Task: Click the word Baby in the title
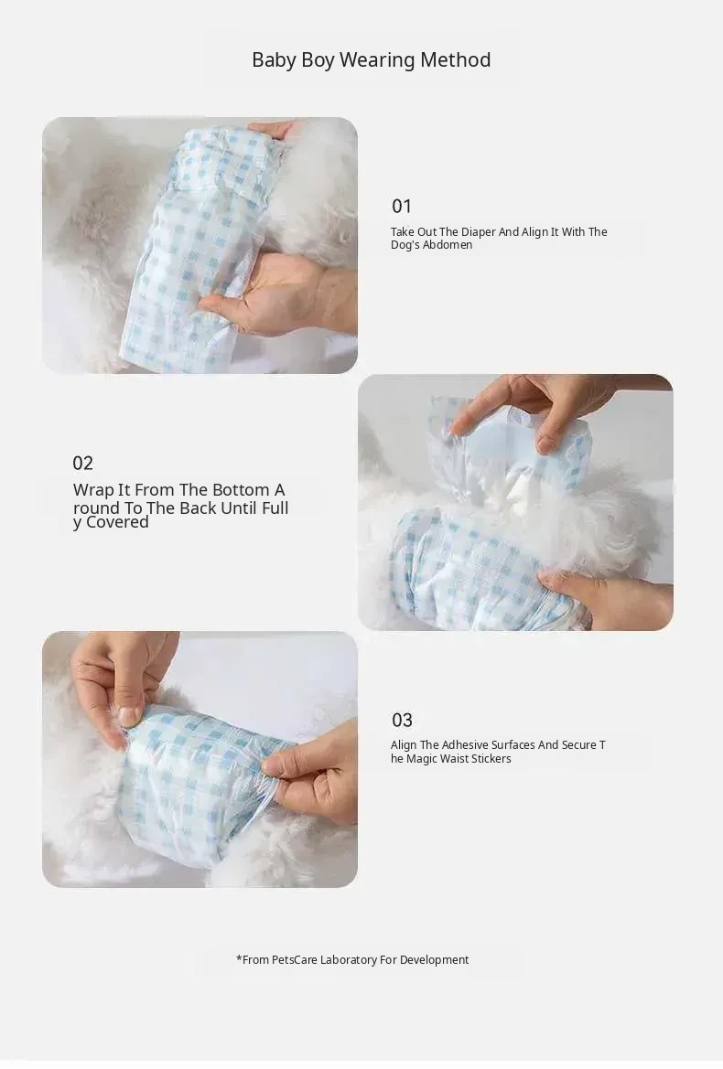[274, 60]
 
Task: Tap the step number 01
[402, 206]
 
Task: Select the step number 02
[82, 464]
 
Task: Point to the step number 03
[402, 720]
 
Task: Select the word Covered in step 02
[117, 522]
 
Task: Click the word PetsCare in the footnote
[295, 960]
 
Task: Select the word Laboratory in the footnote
[349, 960]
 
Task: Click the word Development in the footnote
[435, 960]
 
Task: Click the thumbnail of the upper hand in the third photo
[128, 716]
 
